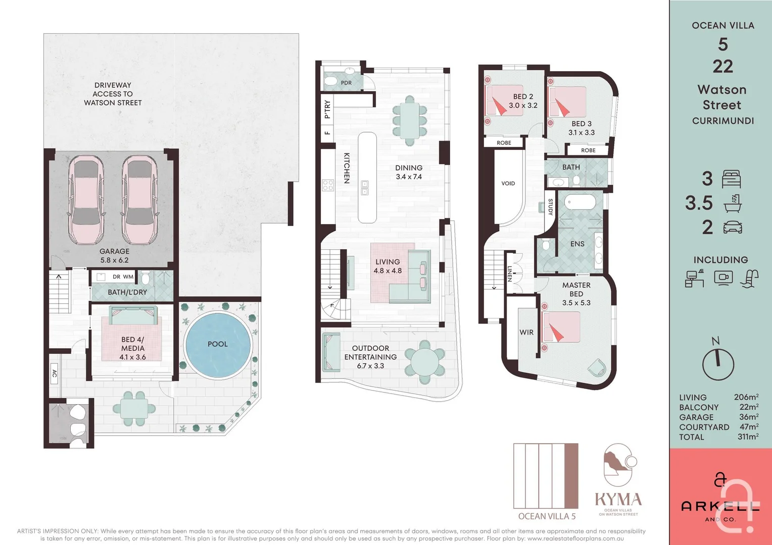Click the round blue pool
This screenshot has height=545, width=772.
pyautogui.click(x=218, y=345)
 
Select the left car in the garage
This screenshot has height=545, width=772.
pyautogui.click(x=86, y=199)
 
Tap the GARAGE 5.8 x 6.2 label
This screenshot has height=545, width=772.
pyautogui.click(x=114, y=256)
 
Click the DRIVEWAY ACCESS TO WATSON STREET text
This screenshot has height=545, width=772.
pyautogui.click(x=113, y=94)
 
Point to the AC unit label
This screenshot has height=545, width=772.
pyautogui.click(x=55, y=373)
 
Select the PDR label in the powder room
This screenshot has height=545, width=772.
pyautogui.click(x=346, y=83)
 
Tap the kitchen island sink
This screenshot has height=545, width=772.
pyautogui.click(x=365, y=188)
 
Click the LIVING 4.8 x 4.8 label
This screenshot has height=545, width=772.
pyautogui.click(x=388, y=266)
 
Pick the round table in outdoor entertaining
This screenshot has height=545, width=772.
pyautogui.click(x=425, y=362)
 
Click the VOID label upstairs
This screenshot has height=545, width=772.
pyautogui.click(x=508, y=183)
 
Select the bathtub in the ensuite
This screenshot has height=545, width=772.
pyautogui.click(x=580, y=202)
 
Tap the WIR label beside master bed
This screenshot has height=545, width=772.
pyautogui.click(x=526, y=332)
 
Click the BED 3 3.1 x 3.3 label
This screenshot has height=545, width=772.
pyautogui.click(x=582, y=128)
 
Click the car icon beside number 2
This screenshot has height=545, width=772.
pyautogui.click(x=733, y=227)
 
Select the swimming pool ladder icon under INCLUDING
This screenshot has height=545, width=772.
pyautogui.click(x=750, y=279)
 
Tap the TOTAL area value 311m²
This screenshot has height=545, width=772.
pyautogui.click(x=747, y=437)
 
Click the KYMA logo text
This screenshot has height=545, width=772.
pyautogui.click(x=618, y=500)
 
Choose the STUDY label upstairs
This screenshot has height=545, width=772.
pyautogui.click(x=551, y=207)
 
